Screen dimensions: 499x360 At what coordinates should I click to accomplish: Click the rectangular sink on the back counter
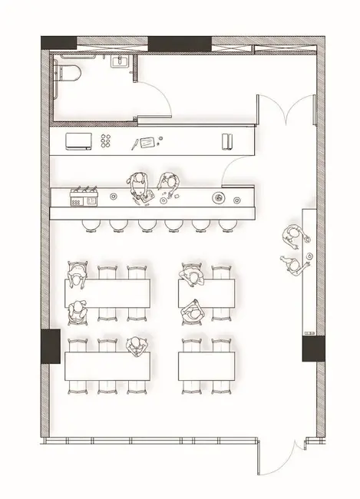pos(78,140)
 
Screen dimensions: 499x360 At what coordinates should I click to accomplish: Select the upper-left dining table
pos(107,292)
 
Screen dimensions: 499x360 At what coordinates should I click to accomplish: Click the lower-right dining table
pos(206,365)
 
